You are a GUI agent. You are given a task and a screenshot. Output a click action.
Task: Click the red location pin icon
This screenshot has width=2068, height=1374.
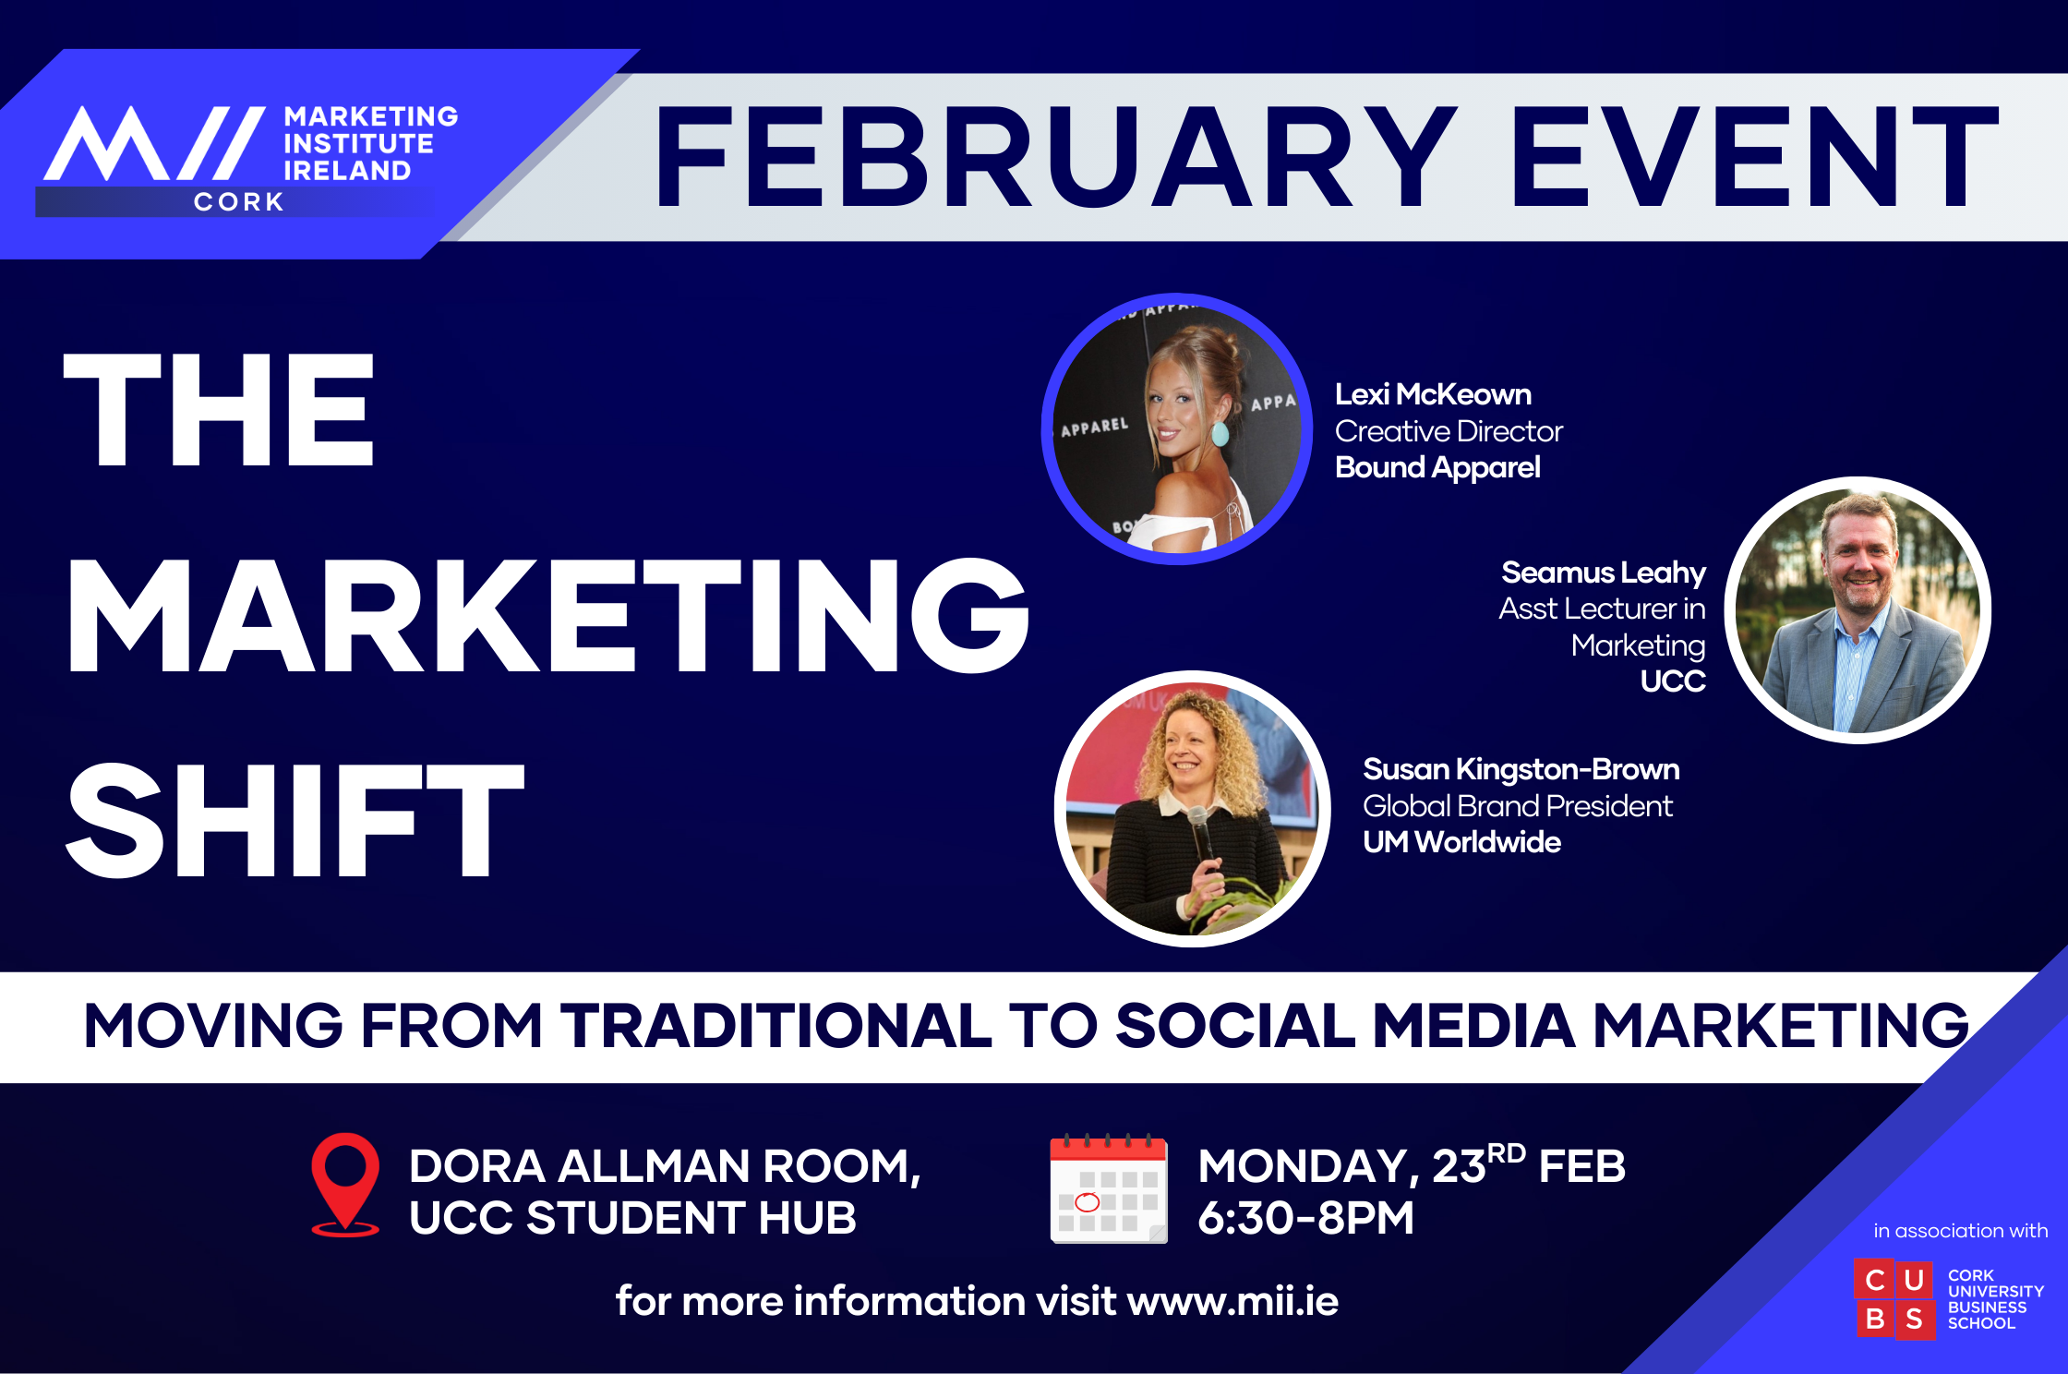click(x=345, y=1184)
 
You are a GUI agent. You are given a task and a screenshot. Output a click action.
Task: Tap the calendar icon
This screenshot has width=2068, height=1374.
click(x=1109, y=1189)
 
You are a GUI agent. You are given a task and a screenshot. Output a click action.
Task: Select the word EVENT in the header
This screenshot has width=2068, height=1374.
click(x=1755, y=157)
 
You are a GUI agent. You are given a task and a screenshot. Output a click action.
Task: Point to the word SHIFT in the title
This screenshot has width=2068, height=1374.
click(x=295, y=819)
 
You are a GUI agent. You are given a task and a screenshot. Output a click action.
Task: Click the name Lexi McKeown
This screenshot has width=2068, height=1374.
click(x=1433, y=394)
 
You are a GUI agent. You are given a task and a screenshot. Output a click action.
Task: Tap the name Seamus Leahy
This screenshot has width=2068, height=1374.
click(x=1604, y=572)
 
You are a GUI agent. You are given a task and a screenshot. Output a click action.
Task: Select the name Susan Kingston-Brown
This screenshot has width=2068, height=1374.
click(x=1521, y=769)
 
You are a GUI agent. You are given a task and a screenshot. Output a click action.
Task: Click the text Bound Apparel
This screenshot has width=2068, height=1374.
click(x=1437, y=467)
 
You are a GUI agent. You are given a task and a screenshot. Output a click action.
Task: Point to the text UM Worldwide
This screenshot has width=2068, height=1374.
click(x=1461, y=842)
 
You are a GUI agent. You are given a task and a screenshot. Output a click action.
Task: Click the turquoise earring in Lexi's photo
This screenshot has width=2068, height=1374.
click(x=1220, y=432)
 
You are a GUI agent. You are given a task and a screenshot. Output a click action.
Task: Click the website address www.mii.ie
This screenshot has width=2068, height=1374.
click(x=1232, y=1301)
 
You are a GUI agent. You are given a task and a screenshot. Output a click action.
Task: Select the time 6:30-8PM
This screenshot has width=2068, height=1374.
click(x=1305, y=1217)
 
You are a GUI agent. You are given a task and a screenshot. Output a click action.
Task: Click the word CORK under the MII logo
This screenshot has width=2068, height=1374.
click(x=239, y=202)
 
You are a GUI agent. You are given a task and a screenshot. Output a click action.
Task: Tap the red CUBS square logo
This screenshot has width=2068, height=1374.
click(x=1894, y=1299)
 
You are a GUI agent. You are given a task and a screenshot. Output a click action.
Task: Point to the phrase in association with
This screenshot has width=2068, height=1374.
click(x=1960, y=1231)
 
